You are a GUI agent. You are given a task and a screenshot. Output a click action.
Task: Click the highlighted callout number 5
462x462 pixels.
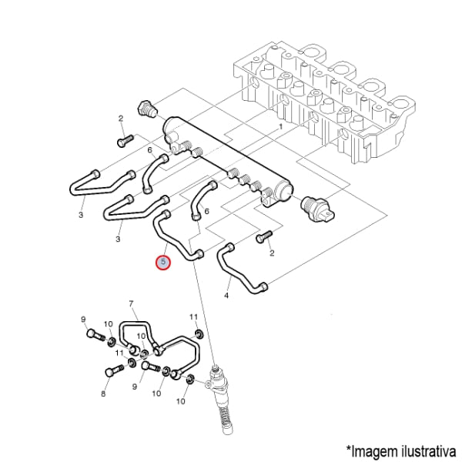tap(163, 263)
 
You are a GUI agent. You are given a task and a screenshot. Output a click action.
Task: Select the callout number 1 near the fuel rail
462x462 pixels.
tap(280, 127)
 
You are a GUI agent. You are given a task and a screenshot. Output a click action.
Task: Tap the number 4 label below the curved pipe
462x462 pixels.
tap(226, 295)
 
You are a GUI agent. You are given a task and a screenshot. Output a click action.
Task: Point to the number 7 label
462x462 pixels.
tap(131, 303)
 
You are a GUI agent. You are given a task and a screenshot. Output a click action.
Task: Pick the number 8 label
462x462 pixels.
tap(103, 393)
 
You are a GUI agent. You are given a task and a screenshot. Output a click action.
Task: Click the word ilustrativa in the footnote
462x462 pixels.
tap(427, 450)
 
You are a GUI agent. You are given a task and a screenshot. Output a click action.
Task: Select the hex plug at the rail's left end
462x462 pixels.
tap(147, 109)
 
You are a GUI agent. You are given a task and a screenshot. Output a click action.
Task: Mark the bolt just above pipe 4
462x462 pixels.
tap(264, 236)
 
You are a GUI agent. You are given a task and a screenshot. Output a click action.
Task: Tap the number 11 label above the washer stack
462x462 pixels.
tap(193, 317)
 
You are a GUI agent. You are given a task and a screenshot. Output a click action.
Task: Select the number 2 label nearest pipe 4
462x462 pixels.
tap(272, 253)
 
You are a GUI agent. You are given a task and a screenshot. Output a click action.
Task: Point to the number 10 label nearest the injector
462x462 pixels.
tap(181, 401)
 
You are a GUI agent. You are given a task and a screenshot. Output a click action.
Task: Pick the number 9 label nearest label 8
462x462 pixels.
tap(135, 387)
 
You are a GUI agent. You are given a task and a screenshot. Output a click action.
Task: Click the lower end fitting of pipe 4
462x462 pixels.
tap(263, 286)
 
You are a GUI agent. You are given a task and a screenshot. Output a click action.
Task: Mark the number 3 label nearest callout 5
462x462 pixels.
tap(118, 239)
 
